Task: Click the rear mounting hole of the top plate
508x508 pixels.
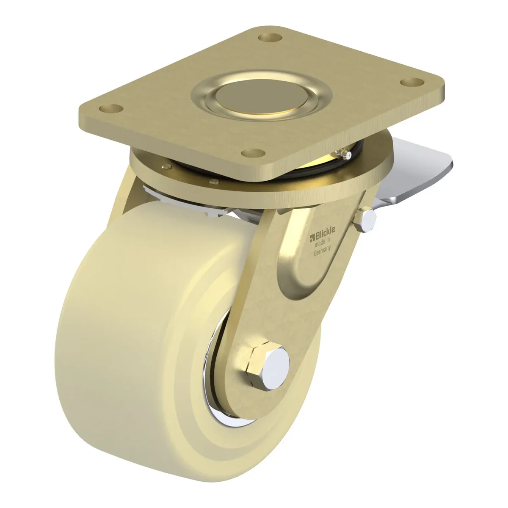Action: (269, 37)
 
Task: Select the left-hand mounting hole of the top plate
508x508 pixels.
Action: (111, 108)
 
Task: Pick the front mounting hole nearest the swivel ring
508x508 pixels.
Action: (253, 153)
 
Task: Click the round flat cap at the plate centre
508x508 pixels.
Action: (262, 97)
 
